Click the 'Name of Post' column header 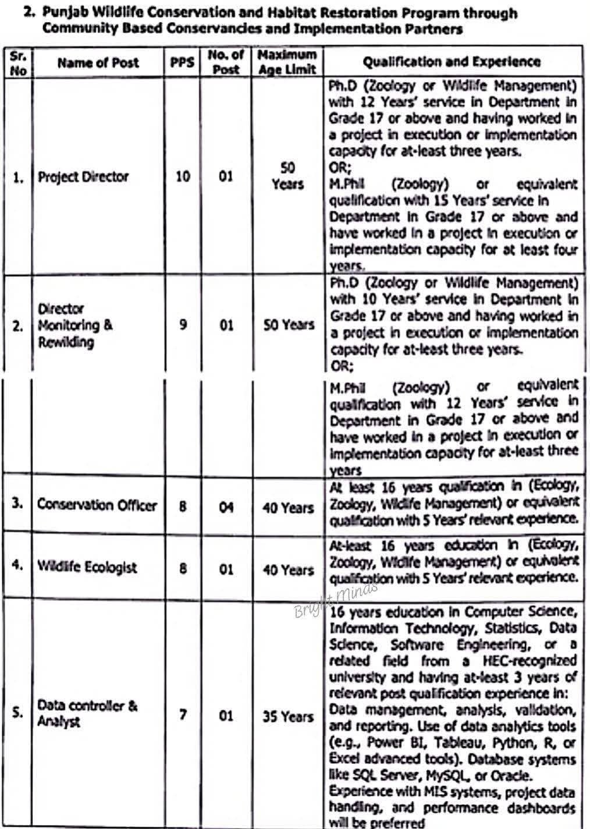(x=98, y=62)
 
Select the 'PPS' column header (x=182, y=62)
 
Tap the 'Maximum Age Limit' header (x=287, y=62)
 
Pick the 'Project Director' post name (x=83, y=177)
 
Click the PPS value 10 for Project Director (x=183, y=176)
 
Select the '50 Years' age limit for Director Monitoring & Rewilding (x=289, y=324)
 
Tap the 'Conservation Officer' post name (x=97, y=504)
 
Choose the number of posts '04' (x=226, y=508)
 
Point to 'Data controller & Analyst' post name (x=87, y=713)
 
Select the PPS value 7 (x=183, y=714)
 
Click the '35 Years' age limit (x=287, y=716)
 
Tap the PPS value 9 (x=183, y=324)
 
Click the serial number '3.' (x=18, y=502)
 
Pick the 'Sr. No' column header (x=19, y=63)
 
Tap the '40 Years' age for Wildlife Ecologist (x=288, y=569)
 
